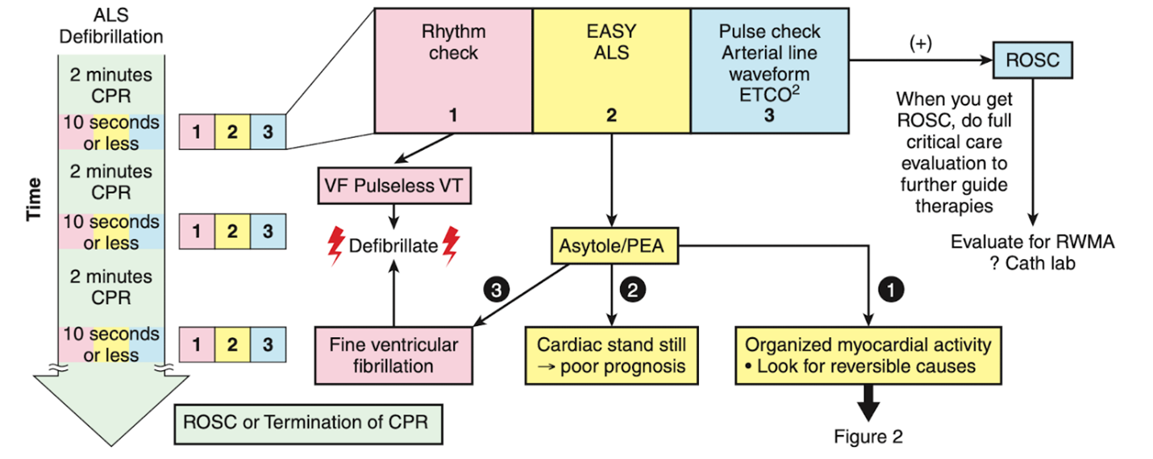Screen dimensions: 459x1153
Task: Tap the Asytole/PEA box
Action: [613, 244]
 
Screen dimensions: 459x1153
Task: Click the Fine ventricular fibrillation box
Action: [393, 355]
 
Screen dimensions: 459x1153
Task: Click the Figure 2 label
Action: [868, 437]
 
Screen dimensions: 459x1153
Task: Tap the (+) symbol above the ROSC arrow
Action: [920, 44]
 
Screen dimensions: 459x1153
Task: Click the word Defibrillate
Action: [392, 245]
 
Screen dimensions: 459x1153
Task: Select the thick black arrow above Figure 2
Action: [868, 402]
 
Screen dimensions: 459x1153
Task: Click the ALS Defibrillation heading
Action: [111, 26]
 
